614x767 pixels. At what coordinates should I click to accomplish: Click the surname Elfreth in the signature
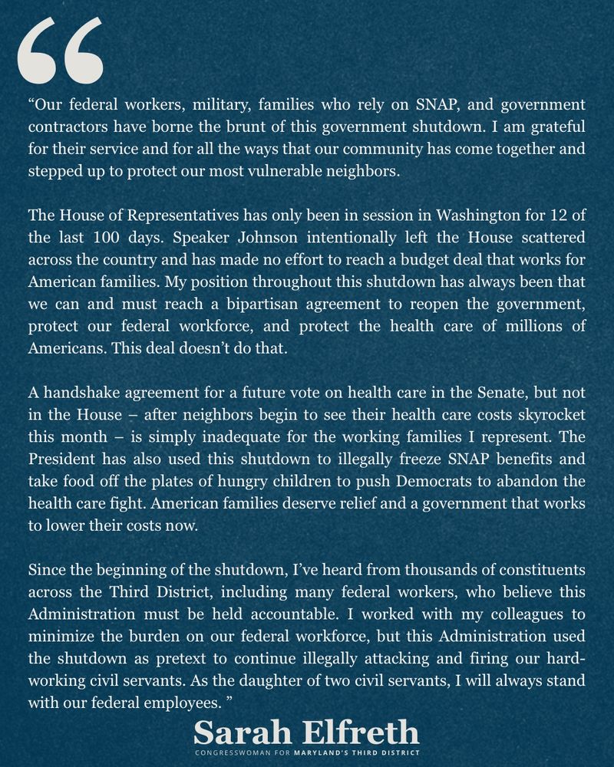pos(360,732)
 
